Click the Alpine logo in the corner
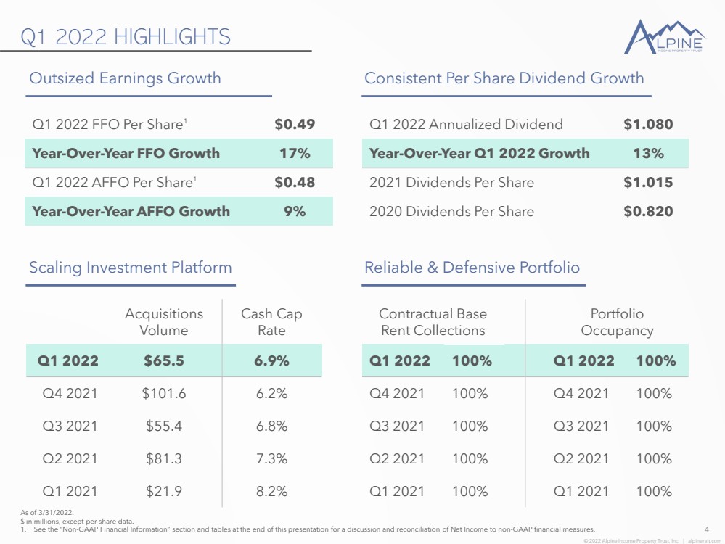(x=665, y=36)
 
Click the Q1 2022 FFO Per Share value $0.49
(x=295, y=124)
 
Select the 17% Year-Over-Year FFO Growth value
(x=295, y=154)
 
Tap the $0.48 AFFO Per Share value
(x=295, y=183)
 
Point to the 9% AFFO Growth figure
(x=295, y=212)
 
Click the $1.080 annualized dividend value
(x=648, y=124)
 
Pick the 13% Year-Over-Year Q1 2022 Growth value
(x=648, y=154)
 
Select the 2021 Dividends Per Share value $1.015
(x=648, y=183)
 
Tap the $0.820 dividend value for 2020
(x=648, y=212)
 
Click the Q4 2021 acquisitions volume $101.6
(x=164, y=393)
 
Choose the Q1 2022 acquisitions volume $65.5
(x=164, y=360)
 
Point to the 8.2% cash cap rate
(x=272, y=491)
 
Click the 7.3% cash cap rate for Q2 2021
(x=272, y=458)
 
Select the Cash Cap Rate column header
(x=271, y=322)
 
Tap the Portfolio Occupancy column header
(x=617, y=322)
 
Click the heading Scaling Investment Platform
(x=131, y=268)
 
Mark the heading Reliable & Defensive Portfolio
(x=472, y=268)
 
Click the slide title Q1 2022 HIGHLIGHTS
(x=126, y=37)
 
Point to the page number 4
(x=707, y=529)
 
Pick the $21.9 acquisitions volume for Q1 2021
(x=164, y=491)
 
